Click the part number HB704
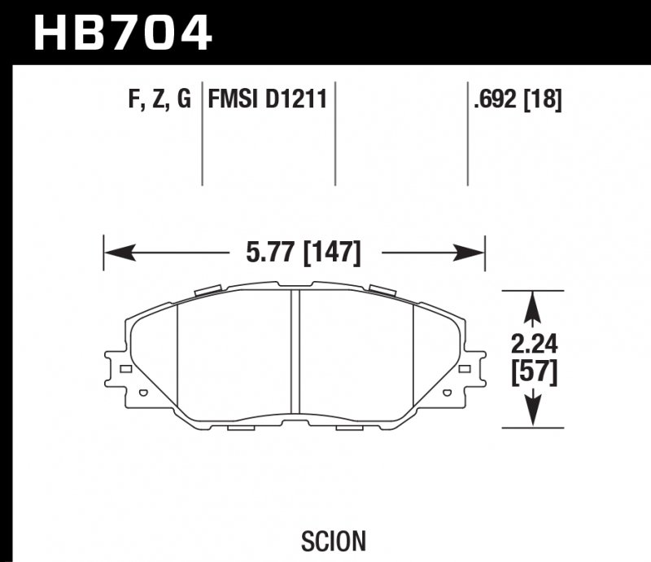pyautogui.click(x=122, y=33)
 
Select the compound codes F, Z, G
pyautogui.click(x=159, y=100)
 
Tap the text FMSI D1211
pyautogui.click(x=268, y=100)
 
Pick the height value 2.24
pyautogui.click(x=533, y=345)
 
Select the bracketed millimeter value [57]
pyautogui.click(x=533, y=373)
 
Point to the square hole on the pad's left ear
pyautogui.click(x=125, y=369)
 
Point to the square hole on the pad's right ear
pyautogui.click(x=466, y=369)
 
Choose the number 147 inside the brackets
pyautogui.click(x=332, y=252)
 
